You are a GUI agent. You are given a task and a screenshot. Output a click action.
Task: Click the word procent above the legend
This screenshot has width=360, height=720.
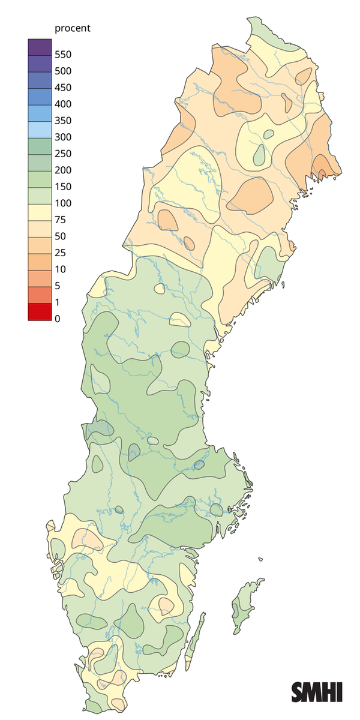coord(72,29)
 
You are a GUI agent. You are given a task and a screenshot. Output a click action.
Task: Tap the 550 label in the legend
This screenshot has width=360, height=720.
coord(63,55)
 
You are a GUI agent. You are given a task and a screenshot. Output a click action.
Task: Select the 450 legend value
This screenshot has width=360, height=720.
coord(63,88)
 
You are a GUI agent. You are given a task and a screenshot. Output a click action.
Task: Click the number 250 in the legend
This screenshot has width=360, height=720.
coord(63,154)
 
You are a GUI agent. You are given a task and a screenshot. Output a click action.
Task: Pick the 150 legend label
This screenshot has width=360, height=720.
coord(63,187)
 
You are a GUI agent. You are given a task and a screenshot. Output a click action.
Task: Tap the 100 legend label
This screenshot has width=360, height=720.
coord(63,203)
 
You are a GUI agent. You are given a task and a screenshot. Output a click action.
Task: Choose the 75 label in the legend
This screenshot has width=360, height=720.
coord(60,220)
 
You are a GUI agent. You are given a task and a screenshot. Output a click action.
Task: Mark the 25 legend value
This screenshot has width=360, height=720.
coord(60,253)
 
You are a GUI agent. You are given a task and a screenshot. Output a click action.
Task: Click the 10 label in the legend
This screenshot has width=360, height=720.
coord(60,269)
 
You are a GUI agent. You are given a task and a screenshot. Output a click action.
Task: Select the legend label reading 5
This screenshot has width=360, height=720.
coord(58,286)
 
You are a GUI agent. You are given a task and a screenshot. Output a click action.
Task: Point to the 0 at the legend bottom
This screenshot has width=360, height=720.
coord(58,319)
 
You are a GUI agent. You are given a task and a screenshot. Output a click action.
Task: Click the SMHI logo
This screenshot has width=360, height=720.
coord(317,692)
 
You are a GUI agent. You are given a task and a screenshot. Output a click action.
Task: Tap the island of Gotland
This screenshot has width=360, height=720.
coord(243,606)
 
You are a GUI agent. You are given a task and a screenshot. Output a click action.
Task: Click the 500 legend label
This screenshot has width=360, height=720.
coord(63,71)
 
